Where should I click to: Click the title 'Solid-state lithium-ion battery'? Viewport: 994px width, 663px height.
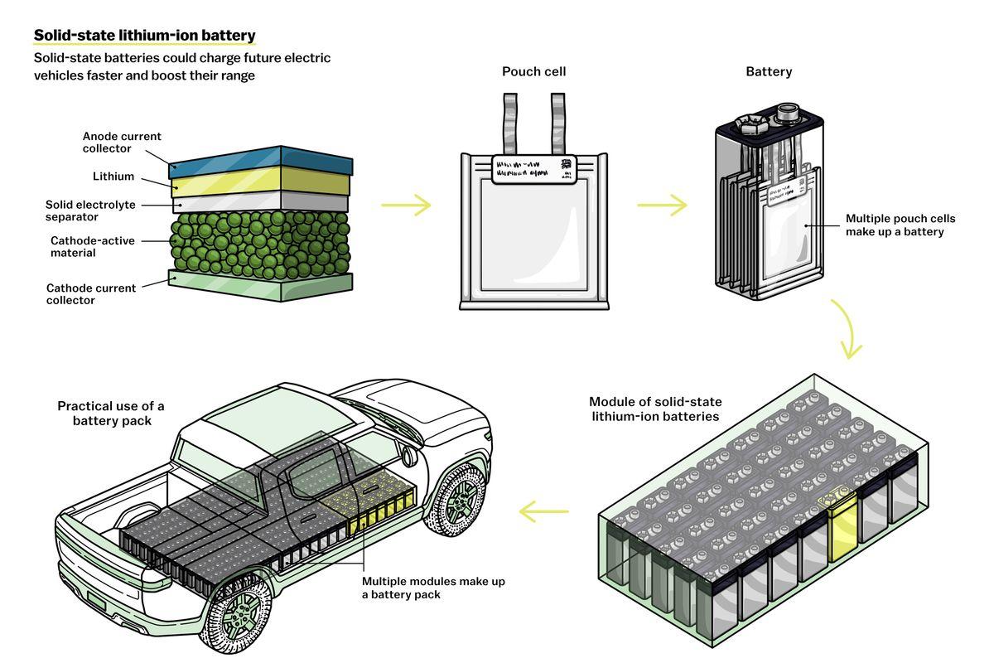(x=144, y=36)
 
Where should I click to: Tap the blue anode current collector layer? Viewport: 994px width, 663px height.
(x=261, y=162)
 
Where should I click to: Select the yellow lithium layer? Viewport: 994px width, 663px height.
(x=260, y=181)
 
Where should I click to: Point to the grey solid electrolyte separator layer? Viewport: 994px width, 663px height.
(x=260, y=202)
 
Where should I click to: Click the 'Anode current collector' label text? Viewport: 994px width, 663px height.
(x=122, y=143)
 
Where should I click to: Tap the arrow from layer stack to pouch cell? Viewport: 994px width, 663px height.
(x=406, y=206)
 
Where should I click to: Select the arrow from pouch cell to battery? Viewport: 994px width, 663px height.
(x=662, y=206)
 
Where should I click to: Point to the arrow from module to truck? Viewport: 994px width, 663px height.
(x=544, y=511)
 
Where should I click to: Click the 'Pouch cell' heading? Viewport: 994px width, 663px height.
(x=533, y=71)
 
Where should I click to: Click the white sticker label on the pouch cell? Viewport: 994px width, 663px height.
(x=534, y=168)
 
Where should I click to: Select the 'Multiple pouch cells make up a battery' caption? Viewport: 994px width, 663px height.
(x=900, y=225)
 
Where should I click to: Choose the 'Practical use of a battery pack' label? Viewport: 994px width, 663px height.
(x=110, y=413)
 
